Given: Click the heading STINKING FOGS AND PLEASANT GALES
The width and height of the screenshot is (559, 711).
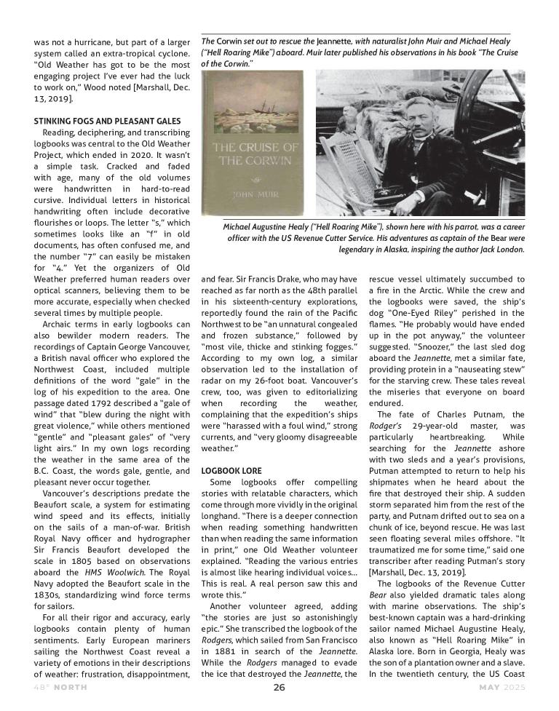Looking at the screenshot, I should pos(107,120).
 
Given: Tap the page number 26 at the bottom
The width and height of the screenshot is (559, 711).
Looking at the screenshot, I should pos(279,688).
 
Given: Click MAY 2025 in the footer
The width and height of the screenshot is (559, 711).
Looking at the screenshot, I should pos(501,688).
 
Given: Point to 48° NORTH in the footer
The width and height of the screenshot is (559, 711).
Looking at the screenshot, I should pos(58,688).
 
